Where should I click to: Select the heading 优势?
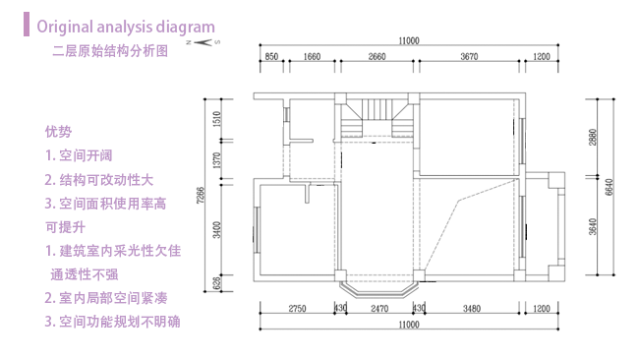(x=58, y=131)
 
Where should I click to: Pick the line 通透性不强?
(x=85, y=273)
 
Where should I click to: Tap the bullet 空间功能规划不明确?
(x=119, y=321)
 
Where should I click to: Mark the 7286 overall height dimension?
(x=200, y=195)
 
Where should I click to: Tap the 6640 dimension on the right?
(x=609, y=188)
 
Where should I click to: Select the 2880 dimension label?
(x=593, y=138)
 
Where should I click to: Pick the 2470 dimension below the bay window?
(x=379, y=310)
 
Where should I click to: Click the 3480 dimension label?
(x=471, y=310)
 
